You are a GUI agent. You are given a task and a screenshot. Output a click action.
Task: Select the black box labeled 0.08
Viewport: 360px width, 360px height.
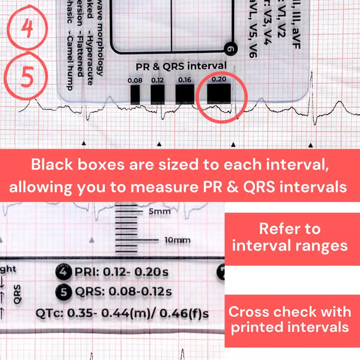click(x=135, y=94)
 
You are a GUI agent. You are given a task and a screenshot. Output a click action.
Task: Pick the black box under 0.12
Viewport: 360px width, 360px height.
click(x=158, y=94)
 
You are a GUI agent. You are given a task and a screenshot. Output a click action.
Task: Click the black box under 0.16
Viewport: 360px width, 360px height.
click(x=184, y=94)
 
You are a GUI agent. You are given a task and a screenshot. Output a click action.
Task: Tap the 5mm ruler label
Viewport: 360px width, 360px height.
click(x=159, y=212)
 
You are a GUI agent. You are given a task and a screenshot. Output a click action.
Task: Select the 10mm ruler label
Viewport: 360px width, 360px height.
click(x=176, y=241)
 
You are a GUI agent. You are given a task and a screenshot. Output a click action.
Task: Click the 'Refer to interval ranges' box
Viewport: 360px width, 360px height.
click(x=289, y=238)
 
